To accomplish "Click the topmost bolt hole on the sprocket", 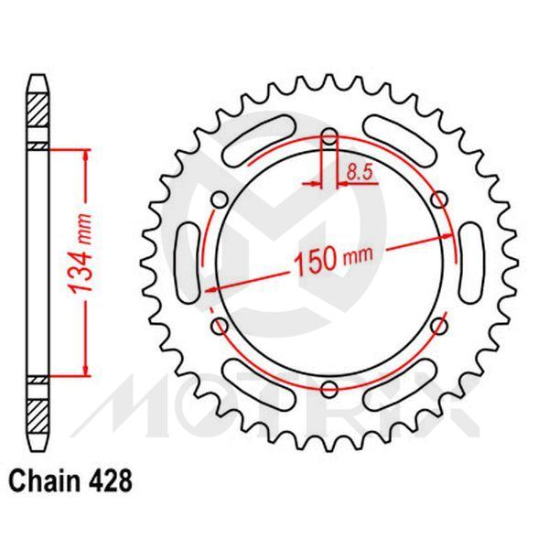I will pyautogui.click(x=329, y=139).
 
